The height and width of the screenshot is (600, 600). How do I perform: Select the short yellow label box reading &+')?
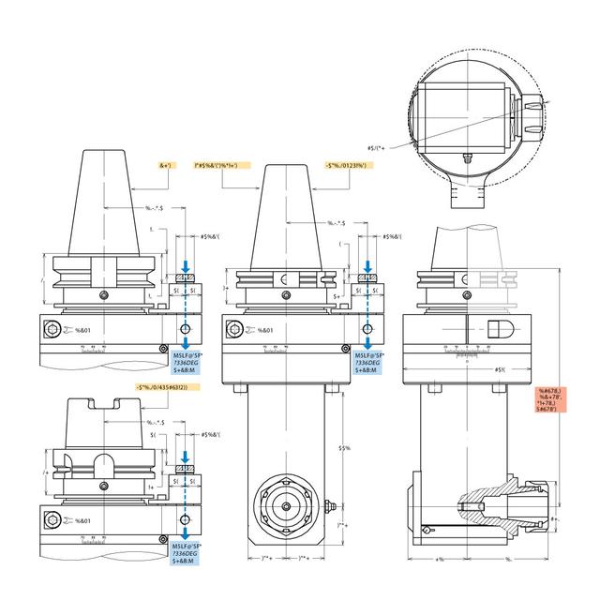click(x=167, y=165)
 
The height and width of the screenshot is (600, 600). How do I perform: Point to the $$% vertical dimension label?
click(x=345, y=448)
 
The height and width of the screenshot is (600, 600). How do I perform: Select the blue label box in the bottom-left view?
click(x=193, y=553)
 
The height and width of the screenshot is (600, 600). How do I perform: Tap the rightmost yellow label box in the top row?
click(x=351, y=165)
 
